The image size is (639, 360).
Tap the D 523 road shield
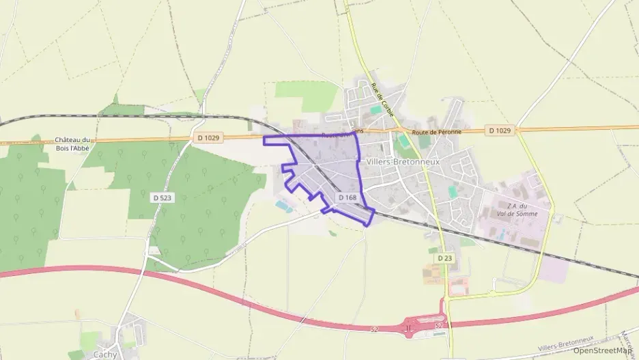click(162, 197)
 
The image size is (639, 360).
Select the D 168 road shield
click(347, 197)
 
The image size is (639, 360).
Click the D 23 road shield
click(444, 258)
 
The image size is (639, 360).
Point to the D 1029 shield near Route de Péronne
click(500, 130)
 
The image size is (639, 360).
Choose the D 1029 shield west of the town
click(208, 138)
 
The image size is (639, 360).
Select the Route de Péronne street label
click(437, 130)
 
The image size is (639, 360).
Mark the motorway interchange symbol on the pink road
click(408, 328)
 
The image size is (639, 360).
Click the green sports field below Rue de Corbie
click(404, 141)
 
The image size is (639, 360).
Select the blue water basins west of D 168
click(283, 206)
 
